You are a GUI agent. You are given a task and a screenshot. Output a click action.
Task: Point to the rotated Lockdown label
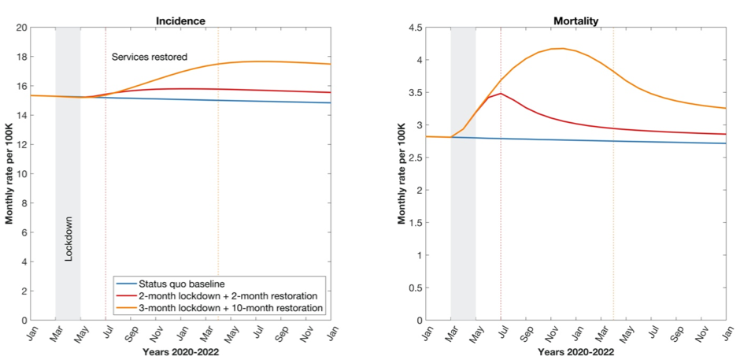click(68, 245)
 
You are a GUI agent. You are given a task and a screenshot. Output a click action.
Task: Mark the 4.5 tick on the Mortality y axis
click(415, 28)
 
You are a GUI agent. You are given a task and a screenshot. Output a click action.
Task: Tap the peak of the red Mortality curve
click(500, 94)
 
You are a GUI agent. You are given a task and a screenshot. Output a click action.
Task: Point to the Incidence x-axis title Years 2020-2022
click(180, 352)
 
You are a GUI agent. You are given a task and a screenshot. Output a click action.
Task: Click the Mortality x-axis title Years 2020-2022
click(575, 352)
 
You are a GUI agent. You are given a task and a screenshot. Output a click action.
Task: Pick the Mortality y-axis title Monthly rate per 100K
click(401, 173)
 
